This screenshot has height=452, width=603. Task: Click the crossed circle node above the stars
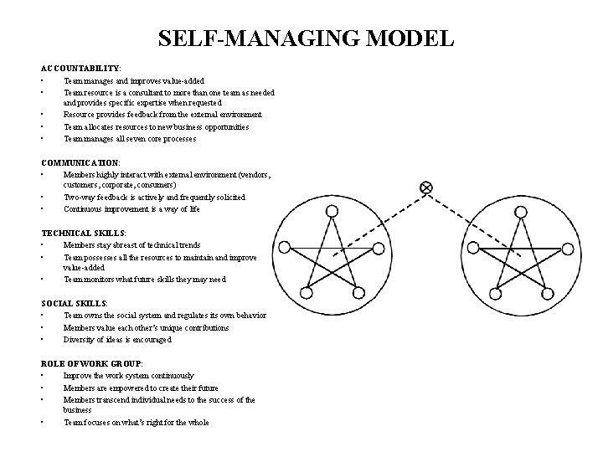click(425, 187)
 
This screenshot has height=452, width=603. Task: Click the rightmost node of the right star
click(569, 249)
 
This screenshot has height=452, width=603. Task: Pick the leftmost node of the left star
click(285, 248)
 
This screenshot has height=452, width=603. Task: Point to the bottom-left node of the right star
click(494, 293)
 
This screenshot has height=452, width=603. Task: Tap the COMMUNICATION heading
click(80, 162)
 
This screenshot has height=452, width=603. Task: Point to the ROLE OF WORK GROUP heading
click(91, 364)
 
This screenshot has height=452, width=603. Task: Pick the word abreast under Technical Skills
click(126, 245)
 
